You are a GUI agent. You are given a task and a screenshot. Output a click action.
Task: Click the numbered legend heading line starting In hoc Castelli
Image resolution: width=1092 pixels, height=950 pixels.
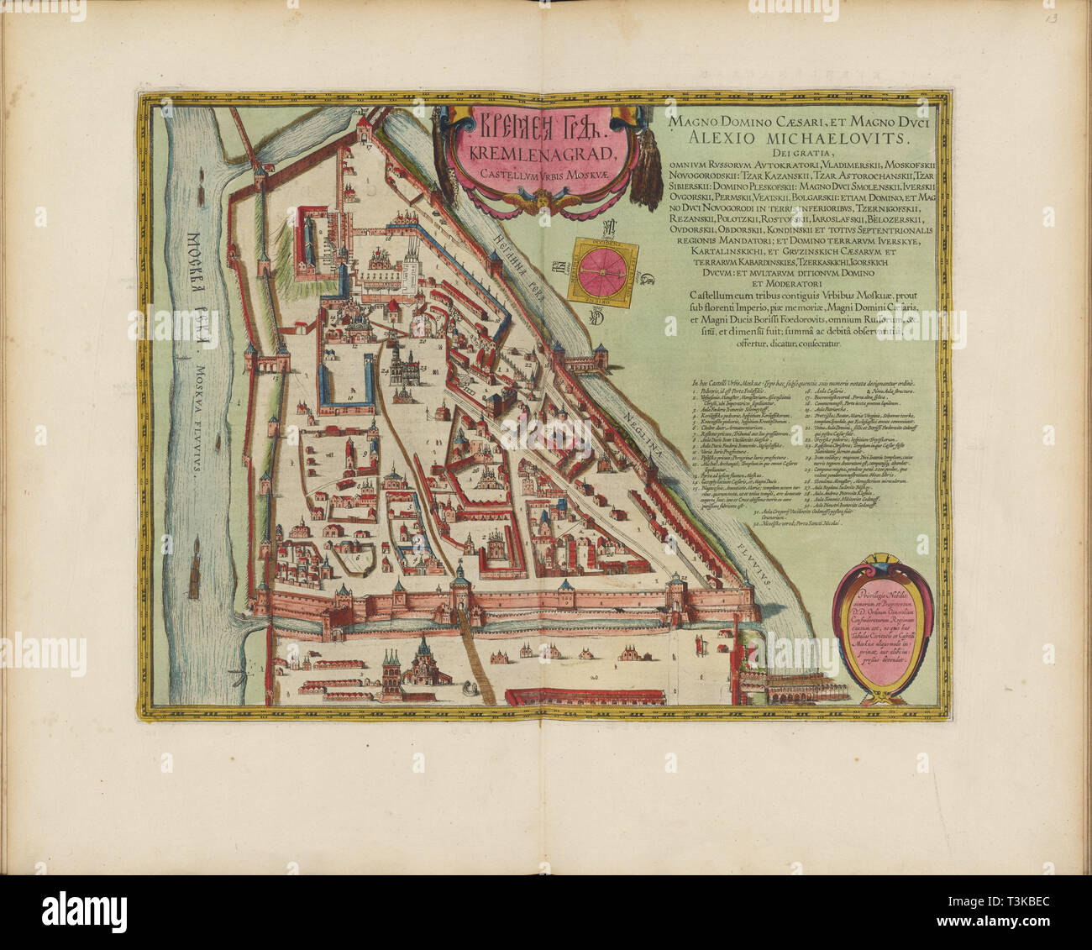802,384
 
